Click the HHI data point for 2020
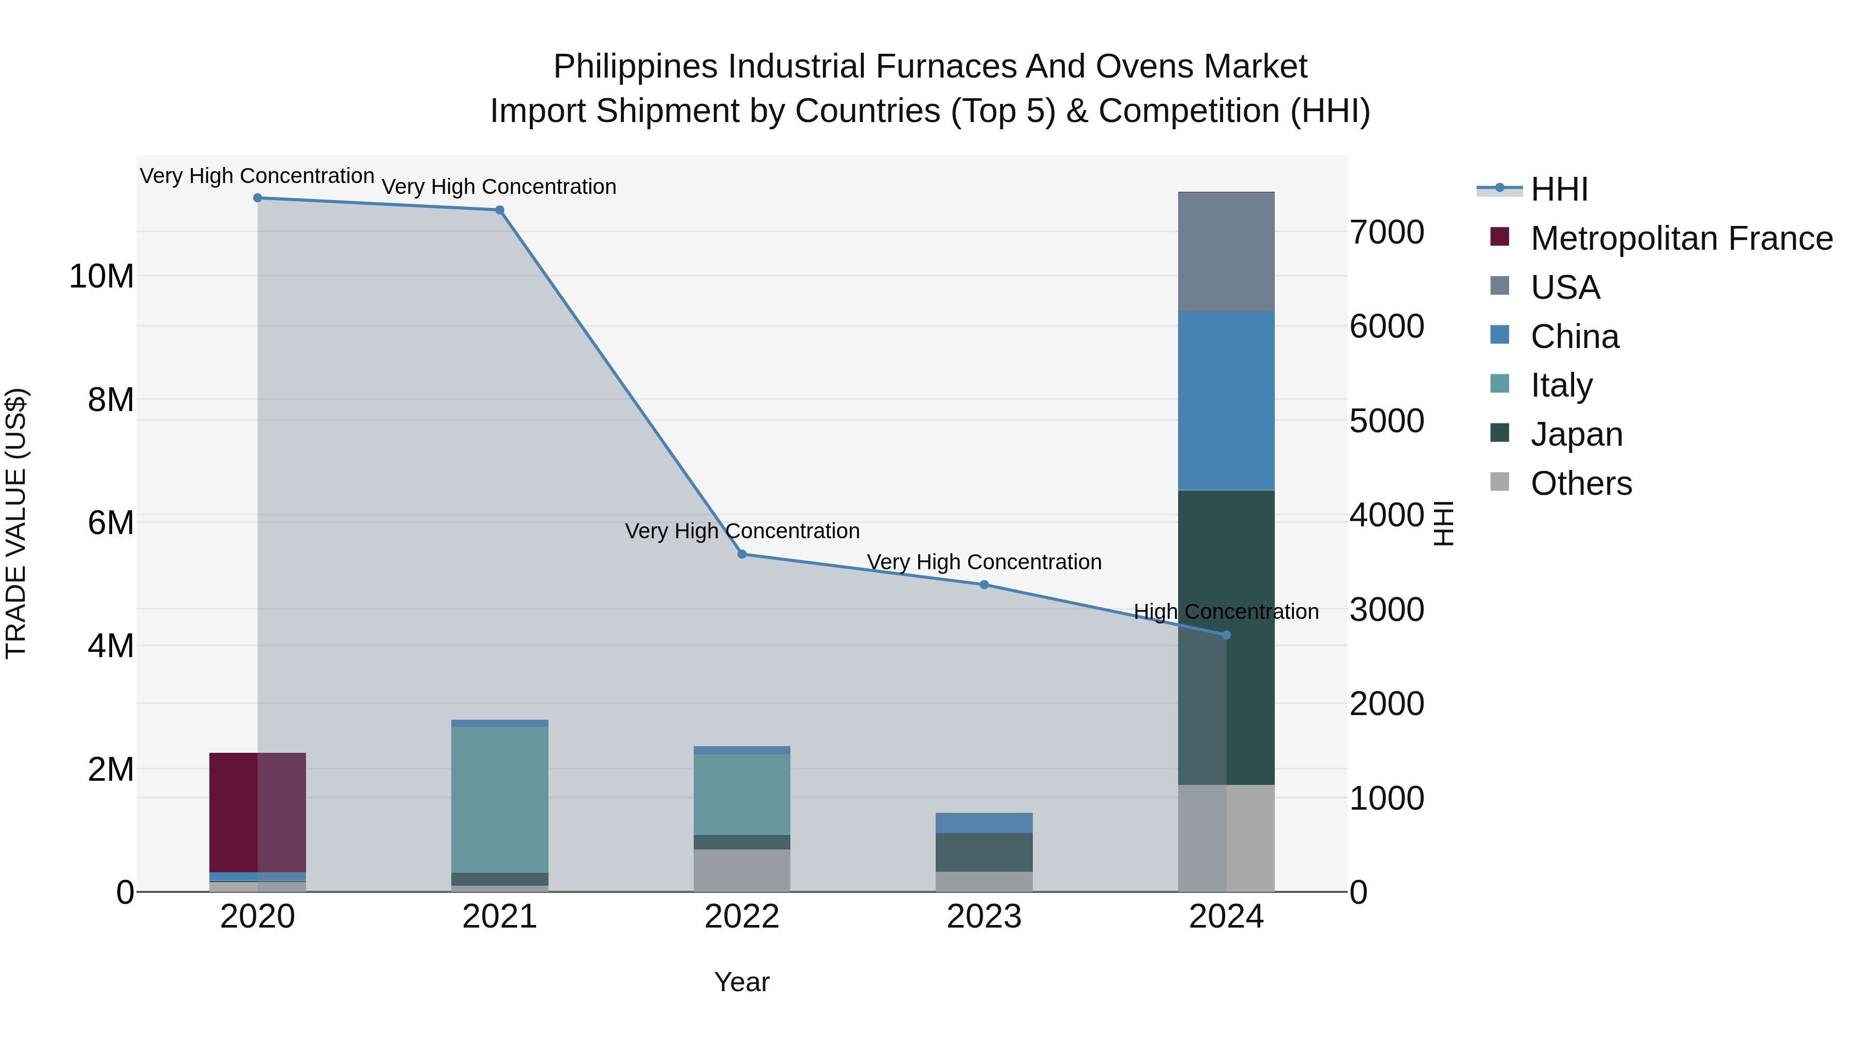[x=257, y=198]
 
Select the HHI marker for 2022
[x=742, y=554]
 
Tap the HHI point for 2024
[x=1226, y=635]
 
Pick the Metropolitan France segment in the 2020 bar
[x=257, y=812]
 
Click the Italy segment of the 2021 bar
[x=500, y=799]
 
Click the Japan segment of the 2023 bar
[x=984, y=852]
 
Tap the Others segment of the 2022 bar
[x=742, y=870]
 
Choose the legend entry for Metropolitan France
[x=1681, y=238]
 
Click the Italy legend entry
[x=1561, y=385]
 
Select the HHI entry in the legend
[x=1559, y=189]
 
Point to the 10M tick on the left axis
[x=101, y=276]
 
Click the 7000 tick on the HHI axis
[x=1386, y=232]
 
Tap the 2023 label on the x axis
[x=984, y=917]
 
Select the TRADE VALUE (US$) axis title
[x=16, y=523]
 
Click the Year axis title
[x=742, y=982]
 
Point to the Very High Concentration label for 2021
[x=499, y=187]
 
